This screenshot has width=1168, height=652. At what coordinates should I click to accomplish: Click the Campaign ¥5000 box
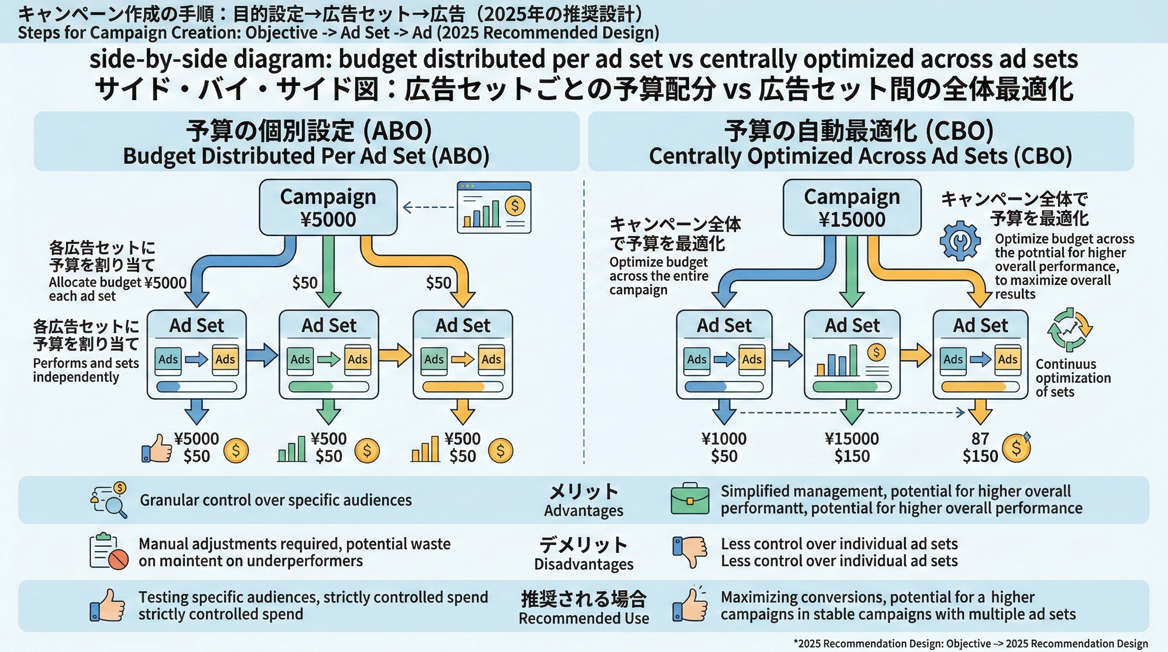click(328, 207)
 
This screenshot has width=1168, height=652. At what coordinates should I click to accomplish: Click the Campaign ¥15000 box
click(851, 207)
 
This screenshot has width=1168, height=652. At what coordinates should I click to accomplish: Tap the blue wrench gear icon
click(960, 241)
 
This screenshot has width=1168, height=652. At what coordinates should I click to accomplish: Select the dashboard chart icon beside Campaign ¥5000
click(494, 207)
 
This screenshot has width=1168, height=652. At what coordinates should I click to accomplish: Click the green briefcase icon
click(689, 499)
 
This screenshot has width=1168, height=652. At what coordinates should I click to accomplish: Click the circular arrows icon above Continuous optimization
click(1070, 330)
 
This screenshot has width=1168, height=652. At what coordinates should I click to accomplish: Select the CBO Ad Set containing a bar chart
click(851, 354)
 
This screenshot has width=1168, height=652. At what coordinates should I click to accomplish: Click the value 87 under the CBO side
click(980, 438)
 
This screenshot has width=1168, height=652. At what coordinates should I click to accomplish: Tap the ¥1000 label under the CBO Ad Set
click(724, 438)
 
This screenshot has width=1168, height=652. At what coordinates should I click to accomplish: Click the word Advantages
click(583, 511)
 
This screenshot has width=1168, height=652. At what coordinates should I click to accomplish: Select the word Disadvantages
click(583, 564)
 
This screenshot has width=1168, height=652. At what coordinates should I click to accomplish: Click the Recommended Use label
click(583, 618)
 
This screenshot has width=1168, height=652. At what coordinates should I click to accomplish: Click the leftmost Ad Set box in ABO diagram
click(197, 354)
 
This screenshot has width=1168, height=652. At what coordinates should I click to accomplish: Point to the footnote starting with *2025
click(970, 644)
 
